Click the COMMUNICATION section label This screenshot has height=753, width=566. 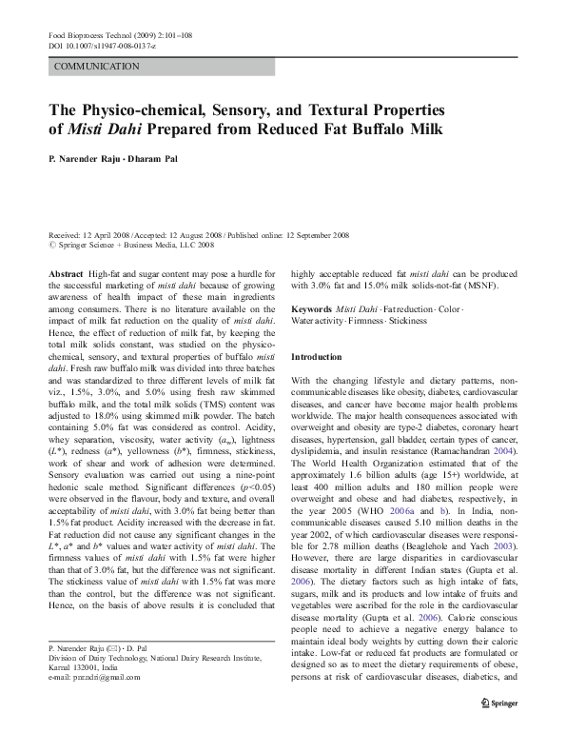coord(98,67)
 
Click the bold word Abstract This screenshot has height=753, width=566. coord(66,273)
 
